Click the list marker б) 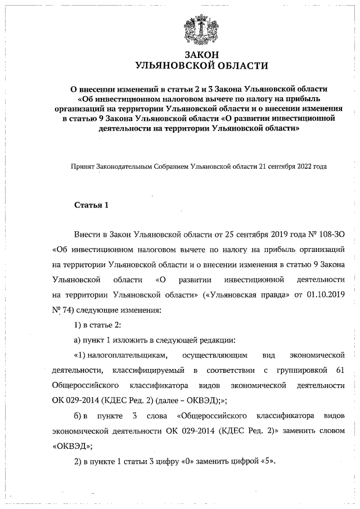80,417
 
